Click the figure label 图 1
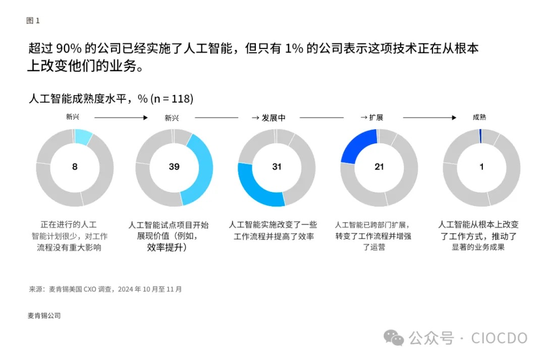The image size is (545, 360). point(33,21)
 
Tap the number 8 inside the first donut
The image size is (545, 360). point(75,167)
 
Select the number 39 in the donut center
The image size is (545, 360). point(174,167)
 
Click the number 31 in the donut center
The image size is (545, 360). point(277,167)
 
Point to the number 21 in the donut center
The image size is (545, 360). point(379,167)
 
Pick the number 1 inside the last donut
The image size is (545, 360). point(481,167)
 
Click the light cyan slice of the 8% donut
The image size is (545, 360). point(83,137)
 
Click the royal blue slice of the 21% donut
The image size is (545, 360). point(357,144)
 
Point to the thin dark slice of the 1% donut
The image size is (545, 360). point(480,135)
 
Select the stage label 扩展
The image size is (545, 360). point(375,117)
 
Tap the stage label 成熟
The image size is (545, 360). point(479,117)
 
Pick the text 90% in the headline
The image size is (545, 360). point(66,49)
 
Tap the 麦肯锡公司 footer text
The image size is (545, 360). point(44,316)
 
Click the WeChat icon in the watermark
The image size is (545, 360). point(393,338)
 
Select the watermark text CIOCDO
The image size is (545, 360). point(499,338)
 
